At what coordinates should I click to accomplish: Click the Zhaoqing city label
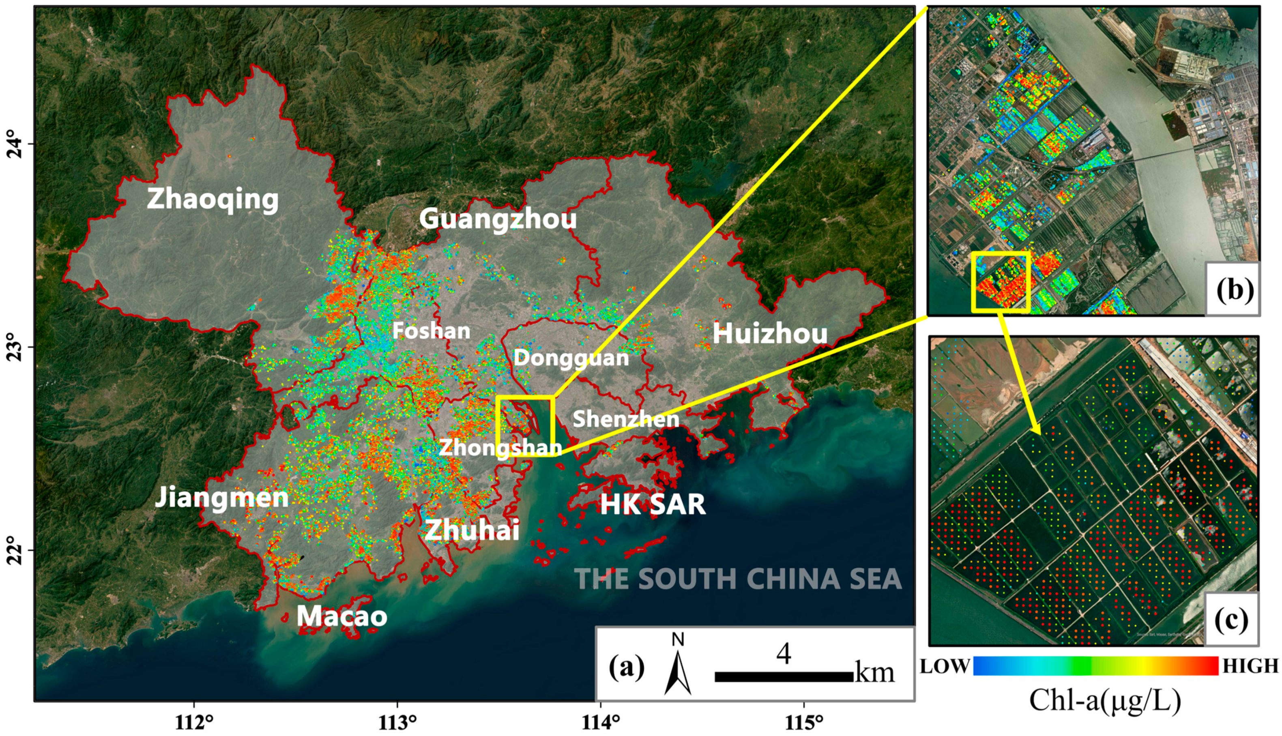click(213, 199)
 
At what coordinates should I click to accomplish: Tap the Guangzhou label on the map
click(498, 219)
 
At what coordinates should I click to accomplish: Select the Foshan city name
click(431, 331)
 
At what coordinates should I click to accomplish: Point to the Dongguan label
click(571, 358)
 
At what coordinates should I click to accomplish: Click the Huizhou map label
click(770, 334)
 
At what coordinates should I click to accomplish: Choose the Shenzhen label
click(626, 419)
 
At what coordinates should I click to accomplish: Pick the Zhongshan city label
click(500, 447)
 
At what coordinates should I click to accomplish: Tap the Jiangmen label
click(221, 498)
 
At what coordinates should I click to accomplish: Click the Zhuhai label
click(472, 530)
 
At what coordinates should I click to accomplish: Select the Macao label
click(342, 616)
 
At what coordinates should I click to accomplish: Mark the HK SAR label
click(653, 504)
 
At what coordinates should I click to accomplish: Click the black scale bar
click(784, 677)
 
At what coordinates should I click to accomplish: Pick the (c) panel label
click(1231, 620)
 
